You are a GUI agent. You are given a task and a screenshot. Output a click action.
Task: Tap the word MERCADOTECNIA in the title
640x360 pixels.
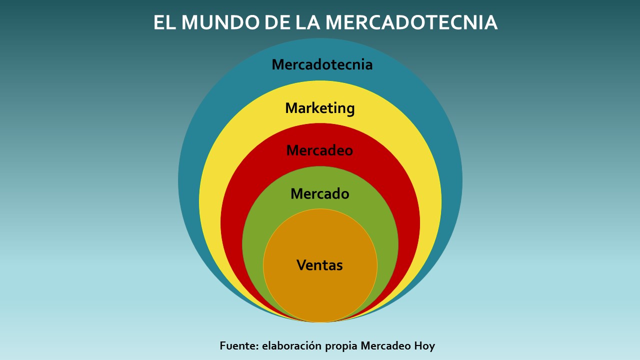[x=411, y=23]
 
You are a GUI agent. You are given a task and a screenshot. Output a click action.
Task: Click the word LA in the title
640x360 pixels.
[x=308, y=23]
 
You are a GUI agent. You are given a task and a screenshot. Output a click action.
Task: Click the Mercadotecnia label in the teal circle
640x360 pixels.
[x=322, y=64]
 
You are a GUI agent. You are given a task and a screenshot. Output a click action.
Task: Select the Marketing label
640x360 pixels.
[x=320, y=108]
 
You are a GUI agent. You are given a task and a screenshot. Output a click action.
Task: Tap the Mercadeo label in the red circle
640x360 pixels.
[x=319, y=150]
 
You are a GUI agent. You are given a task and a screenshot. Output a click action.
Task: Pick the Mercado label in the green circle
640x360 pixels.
[x=319, y=194]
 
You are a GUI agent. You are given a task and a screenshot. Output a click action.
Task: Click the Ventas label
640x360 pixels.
[x=319, y=265]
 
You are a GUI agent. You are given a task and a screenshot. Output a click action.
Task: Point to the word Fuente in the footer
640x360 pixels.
[x=238, y=345]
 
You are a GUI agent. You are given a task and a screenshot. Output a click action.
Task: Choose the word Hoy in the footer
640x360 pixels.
[x=424, y=346]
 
